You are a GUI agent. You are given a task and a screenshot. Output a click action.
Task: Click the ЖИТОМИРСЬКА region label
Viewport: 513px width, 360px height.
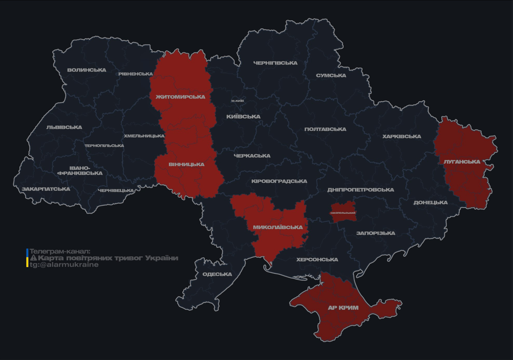pos(181,97)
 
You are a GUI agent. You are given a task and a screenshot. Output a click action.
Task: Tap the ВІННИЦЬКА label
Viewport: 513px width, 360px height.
pos(187,165)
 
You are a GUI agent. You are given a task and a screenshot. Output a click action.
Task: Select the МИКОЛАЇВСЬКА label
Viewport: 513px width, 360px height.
pos(278,227)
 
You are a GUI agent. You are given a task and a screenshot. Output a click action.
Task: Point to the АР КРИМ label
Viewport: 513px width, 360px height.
pos(343,308)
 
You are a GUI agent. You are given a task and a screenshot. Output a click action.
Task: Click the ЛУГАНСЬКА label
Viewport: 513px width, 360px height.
pos(462,162)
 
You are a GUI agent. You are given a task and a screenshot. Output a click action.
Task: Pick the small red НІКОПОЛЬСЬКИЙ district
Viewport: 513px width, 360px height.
pos(343,212)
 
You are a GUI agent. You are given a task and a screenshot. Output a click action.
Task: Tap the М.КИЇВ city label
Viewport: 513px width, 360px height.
pos(237,101)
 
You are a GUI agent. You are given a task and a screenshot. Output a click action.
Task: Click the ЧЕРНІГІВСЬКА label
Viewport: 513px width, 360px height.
pos(275,63)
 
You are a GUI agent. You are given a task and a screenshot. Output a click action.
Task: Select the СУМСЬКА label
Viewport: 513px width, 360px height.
pos(331,75)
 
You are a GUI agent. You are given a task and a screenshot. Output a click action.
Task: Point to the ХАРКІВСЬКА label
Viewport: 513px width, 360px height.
pos(401,136)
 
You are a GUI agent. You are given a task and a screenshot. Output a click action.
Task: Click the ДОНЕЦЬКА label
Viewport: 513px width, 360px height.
pos(430,202)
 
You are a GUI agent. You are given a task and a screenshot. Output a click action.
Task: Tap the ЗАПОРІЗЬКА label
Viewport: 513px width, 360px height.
pos(376,233)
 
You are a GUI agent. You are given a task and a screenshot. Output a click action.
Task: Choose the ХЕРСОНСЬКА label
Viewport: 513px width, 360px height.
pos(317,259)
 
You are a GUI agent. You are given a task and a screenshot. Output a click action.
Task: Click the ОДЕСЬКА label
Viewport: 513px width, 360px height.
pos(217,274)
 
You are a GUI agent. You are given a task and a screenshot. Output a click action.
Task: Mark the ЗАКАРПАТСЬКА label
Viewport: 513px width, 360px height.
pos(45,189)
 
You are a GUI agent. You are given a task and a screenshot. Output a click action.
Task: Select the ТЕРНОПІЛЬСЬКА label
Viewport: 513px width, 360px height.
pos(104,145)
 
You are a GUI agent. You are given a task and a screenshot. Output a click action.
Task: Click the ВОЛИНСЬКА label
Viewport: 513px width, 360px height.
pos(87,70)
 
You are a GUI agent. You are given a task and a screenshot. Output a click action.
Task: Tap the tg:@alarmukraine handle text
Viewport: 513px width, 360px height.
pos(64,264)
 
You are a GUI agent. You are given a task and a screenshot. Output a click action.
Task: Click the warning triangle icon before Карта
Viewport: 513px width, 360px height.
pos(33,258)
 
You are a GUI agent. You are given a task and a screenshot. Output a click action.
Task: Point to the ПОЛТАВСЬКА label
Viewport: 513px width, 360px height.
pos(325,129)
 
